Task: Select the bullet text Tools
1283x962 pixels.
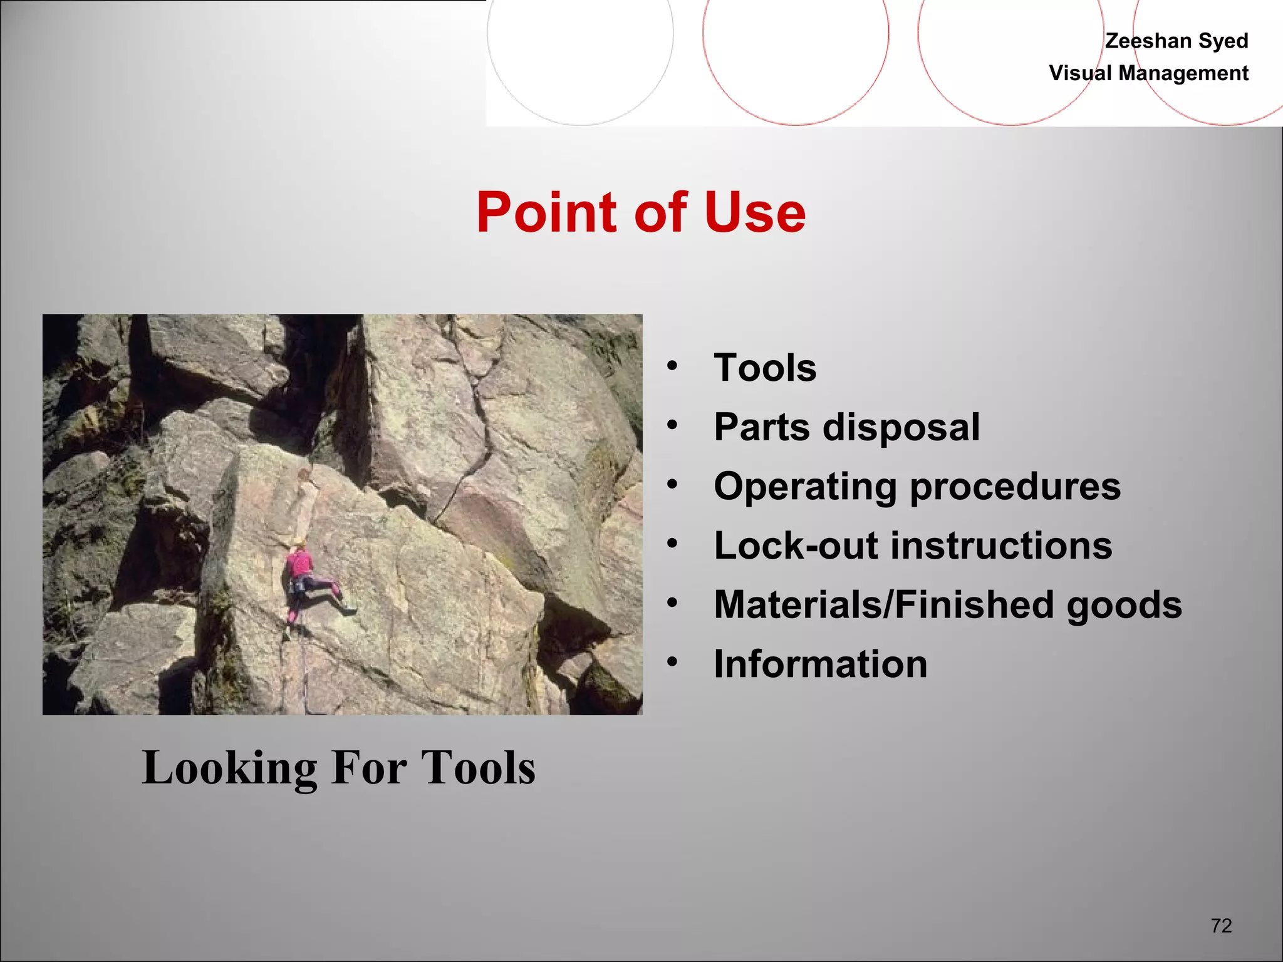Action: click(x=765, y=368)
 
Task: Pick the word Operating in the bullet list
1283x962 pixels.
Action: click(x=806, y=487)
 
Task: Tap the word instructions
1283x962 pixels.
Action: click(x=1001, y=546)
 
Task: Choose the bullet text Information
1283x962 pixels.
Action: click(x=820, y=664)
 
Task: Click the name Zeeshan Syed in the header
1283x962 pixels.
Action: click(x=1176, y=41)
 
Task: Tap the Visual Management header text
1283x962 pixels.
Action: click(x=1148, y=73)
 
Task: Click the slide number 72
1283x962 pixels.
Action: click(x=1221, y=926)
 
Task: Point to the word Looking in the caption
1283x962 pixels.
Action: click(x=229, y=768)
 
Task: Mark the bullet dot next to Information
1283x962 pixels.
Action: click(x=672, y=661)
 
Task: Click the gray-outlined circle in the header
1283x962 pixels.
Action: click(x=580, y=38)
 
